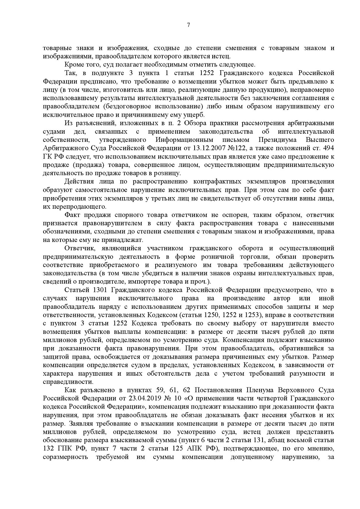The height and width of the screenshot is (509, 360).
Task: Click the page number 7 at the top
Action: (188, 25)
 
